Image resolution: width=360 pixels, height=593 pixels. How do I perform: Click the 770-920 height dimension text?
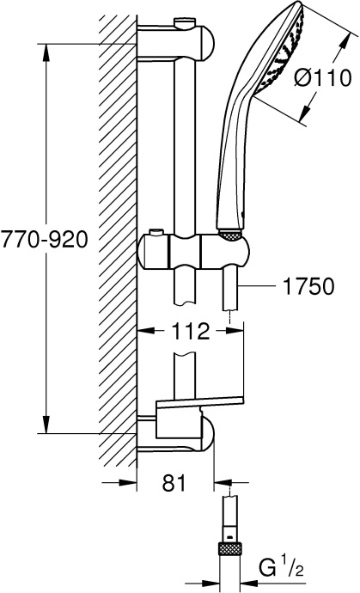[x=44, y=240]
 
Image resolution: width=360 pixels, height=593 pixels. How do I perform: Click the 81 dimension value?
[x=174, y=485]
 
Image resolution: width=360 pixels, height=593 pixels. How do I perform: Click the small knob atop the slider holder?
[x=156, y=232]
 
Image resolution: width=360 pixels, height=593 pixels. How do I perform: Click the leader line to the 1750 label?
[x=258, y=285]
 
